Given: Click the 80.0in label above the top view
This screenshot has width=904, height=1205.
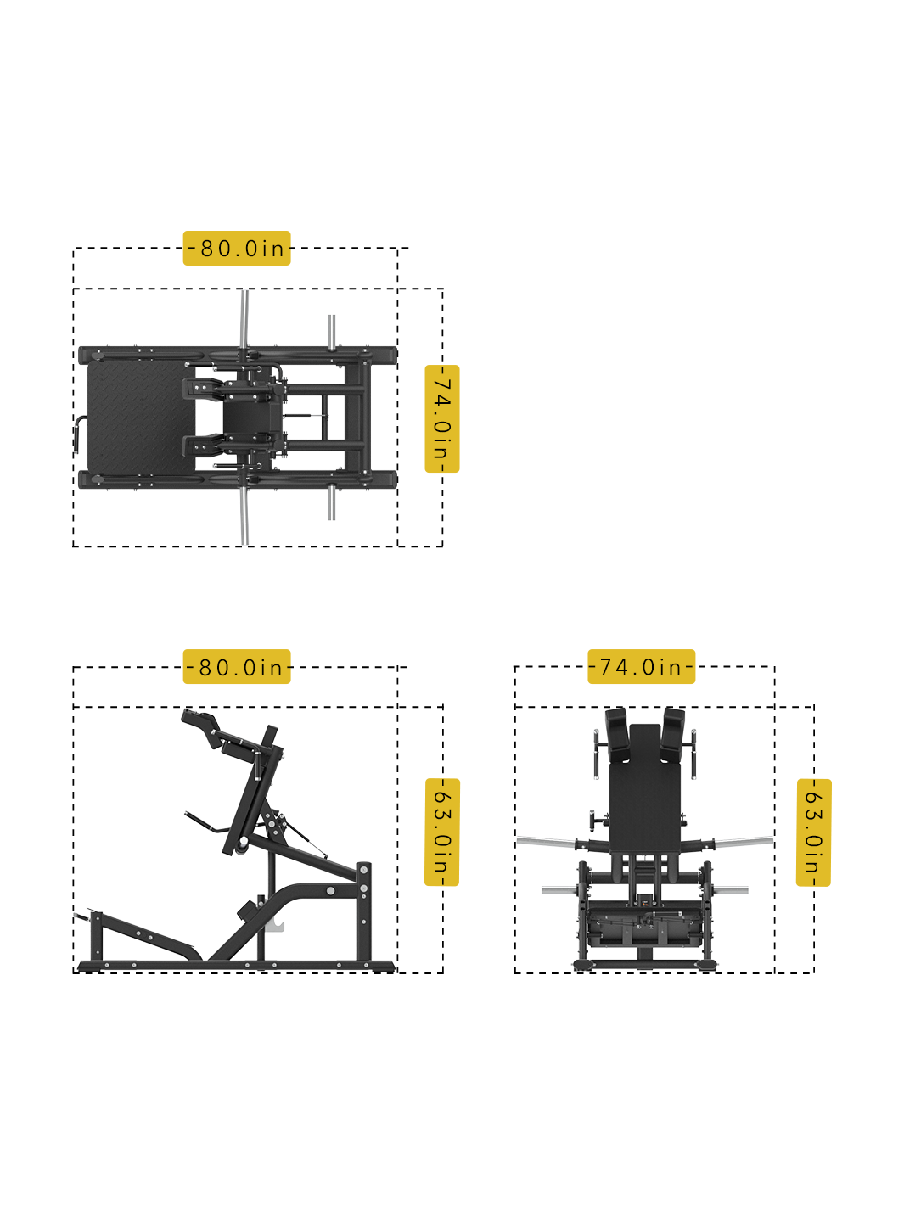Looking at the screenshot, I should [x=237, y=248].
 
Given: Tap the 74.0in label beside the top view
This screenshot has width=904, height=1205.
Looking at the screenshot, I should [x=441, y=418].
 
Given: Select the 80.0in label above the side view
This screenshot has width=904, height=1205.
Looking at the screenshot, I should [x=237, y=667].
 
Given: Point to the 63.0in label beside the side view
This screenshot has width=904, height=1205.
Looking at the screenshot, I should [x=441, y=832].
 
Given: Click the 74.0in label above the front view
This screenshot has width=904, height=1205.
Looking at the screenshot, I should [x=641, y=667].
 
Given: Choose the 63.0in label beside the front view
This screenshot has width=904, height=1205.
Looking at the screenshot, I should [x=813, y=832].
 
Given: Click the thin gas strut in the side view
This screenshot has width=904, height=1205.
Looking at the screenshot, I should [x=310, y=840].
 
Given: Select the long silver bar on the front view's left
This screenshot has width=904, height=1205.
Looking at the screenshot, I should [x=547, y=842].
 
